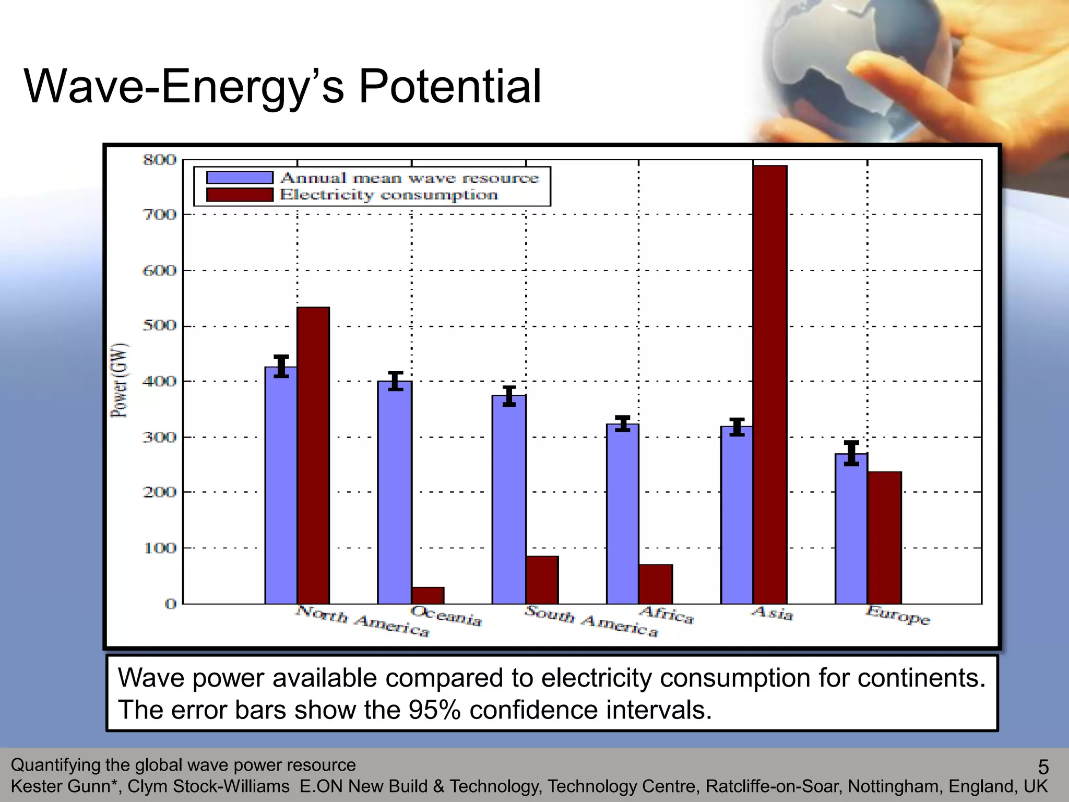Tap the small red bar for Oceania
click(x=427, y=595)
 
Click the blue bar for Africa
click(x=622, y=514)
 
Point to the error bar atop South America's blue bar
click(x=509, y=396)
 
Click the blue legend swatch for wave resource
click(x=240, y=178)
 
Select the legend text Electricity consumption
click(x=389, y=195)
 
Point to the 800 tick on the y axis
click(x=160, y=159)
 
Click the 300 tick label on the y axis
click(x=160, y=437)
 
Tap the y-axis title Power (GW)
click(x=119, y=380)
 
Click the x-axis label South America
click(x=591, y=620)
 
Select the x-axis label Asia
click(x=773, y=613)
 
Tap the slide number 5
click(x=1042, y=766)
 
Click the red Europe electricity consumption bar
click(x=884, y=538)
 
